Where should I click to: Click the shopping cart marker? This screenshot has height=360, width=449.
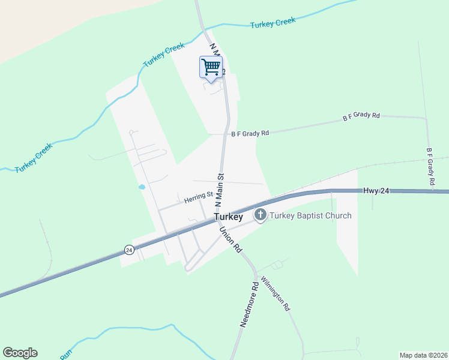click(211, 67)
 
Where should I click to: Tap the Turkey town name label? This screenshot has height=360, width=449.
click(228, 217)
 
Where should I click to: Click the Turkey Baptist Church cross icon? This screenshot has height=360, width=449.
click(261, 215)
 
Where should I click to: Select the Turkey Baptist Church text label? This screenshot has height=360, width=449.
click(310, 215)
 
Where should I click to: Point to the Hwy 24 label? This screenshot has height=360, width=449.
click(376, 190)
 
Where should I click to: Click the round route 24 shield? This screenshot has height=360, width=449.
click(129, 250)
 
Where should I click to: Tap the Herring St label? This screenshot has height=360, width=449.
click(199, 197)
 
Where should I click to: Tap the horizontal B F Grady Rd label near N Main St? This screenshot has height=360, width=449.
click(250, 134)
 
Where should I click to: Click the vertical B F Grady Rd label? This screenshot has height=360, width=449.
click(430, 166)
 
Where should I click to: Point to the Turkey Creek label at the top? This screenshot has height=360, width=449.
click(273, 23)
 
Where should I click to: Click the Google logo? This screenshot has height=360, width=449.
click(20, 353)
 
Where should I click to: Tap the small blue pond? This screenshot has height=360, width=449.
click(142, 187)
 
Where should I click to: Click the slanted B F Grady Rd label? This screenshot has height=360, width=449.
click(361, 116)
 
